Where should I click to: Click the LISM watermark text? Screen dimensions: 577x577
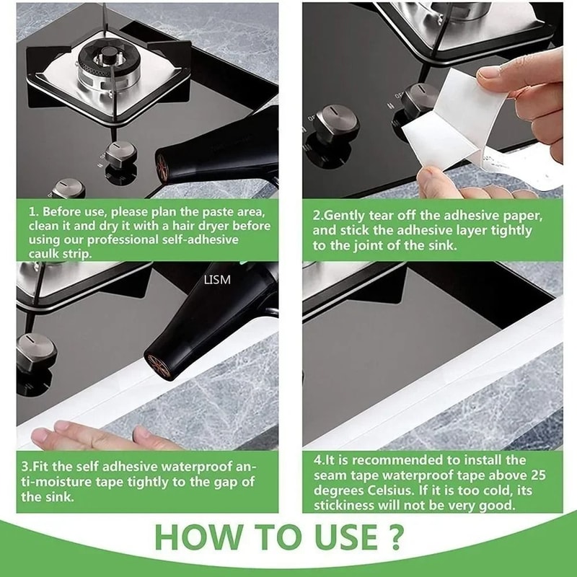(217, 279)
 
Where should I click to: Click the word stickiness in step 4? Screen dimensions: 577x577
(343, 506)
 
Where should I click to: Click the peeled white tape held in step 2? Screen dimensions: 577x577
(440, 123)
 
